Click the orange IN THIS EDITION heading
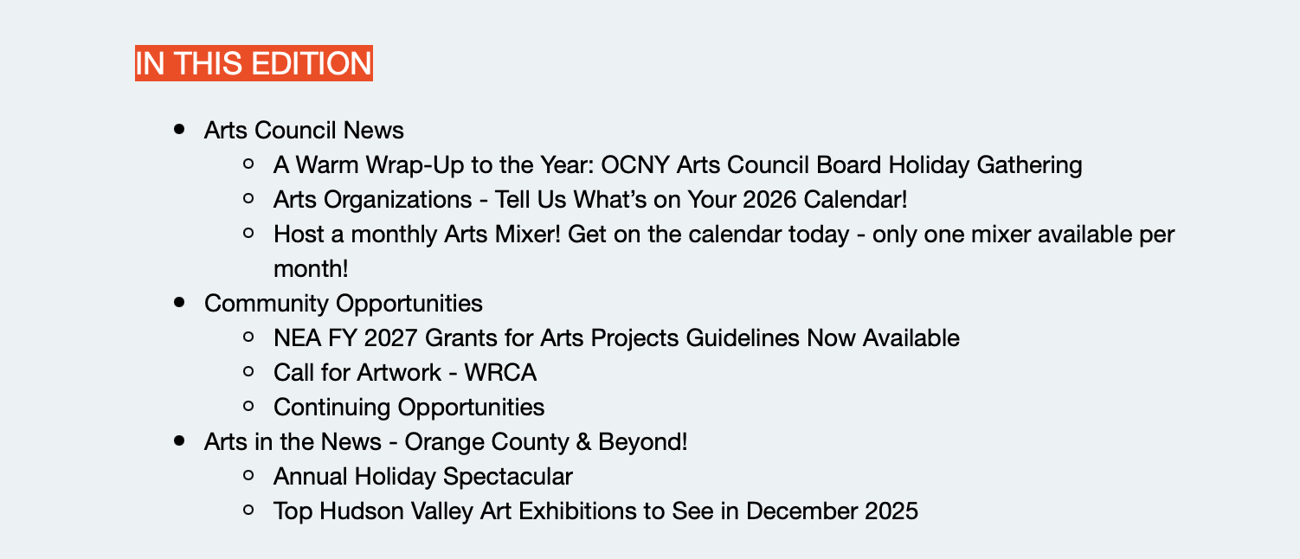click(x=254, y=63)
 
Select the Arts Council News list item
click(x=304, y=131)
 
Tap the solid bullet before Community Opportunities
click(x=180, y=303)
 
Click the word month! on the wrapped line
click(x=311, y=269)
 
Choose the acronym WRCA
click(x=500, y=373)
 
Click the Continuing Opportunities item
click(x=409, y=408)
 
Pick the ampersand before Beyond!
click(x=583, y=442)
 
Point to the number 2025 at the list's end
click(x=891, y=511)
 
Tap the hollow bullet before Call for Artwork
click(x=249, y=372)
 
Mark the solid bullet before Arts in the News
click(x=180, y=441)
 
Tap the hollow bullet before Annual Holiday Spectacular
click(x=249, y=476)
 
